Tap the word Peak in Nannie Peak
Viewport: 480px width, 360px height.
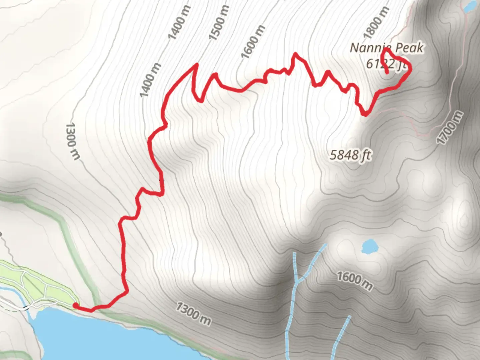coord(409,48)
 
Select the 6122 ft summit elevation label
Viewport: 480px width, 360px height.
coord(386,64)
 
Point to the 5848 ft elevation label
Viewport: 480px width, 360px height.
coord(350,155)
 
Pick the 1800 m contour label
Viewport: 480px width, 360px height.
coord(376,23)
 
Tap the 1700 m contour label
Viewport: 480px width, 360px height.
coord(450,128)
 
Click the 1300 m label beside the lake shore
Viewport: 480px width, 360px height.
coord(193,314)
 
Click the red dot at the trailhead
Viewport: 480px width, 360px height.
coord(76,306)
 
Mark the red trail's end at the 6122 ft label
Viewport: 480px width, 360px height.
coord(387,72)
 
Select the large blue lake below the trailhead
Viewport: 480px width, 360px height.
coord(100,337)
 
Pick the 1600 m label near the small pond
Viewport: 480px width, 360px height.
coord(354,281)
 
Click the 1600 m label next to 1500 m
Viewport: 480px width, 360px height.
coord(253,42)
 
